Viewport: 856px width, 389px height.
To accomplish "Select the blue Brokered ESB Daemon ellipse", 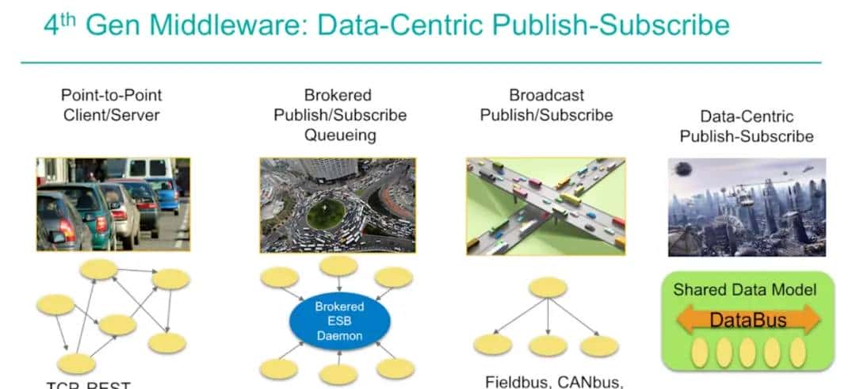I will click(x=338, y=321).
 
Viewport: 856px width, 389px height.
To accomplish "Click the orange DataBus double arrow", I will click(x=748, y=320).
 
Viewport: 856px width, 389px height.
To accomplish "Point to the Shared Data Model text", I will click(x=744, y=289).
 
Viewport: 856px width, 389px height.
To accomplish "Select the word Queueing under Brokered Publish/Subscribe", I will click(x=340, y=135).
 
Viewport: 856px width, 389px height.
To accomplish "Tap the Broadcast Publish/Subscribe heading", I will click(x=546, y=105).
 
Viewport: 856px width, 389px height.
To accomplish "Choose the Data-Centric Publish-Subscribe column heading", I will click(x=746, y=126).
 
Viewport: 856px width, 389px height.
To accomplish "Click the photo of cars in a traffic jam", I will click(x=113, y=204).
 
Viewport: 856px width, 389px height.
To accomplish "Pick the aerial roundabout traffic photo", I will click(x=338, y=204).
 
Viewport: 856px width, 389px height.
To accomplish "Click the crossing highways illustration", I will click(x=546, y=204).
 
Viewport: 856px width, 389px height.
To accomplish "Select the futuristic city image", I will click(x=747, y=206).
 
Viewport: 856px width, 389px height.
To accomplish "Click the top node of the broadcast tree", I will click(x=548, y=287).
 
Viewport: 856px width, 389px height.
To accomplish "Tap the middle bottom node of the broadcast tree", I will click(x=548, y=345).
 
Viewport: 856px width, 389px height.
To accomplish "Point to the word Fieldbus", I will click(x=518, y=382).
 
